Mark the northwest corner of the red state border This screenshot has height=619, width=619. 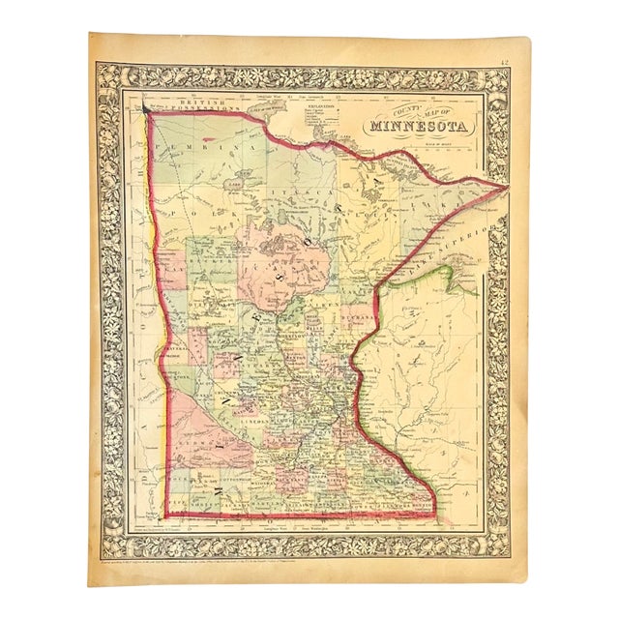tap(146, 108)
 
